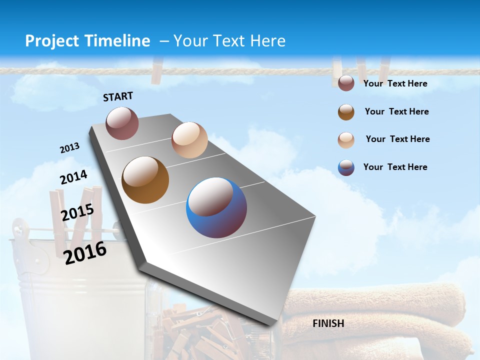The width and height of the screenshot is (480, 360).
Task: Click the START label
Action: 118,96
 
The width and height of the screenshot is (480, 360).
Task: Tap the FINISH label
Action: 328,323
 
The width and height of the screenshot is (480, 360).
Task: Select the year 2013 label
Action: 69,148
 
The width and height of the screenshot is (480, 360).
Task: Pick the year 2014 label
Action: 73,177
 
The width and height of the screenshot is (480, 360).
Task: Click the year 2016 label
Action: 85,252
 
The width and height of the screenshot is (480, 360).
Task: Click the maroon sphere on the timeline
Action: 122,123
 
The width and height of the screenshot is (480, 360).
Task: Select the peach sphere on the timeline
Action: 189,140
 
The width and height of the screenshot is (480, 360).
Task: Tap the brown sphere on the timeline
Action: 145,180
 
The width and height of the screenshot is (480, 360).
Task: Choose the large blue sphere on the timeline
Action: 216,207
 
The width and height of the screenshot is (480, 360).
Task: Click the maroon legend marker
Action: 346,83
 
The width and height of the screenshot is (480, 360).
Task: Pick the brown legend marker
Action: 346,112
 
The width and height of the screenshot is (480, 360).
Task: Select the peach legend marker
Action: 346,140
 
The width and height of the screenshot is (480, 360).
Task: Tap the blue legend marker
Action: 346,167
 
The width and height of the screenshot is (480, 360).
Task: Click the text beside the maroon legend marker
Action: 395,83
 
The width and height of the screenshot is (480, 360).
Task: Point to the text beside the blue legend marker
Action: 395,167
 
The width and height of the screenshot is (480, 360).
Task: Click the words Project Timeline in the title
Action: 87,41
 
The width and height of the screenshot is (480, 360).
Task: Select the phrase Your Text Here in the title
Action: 229,41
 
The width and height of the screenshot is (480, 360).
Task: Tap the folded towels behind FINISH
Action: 380,315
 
